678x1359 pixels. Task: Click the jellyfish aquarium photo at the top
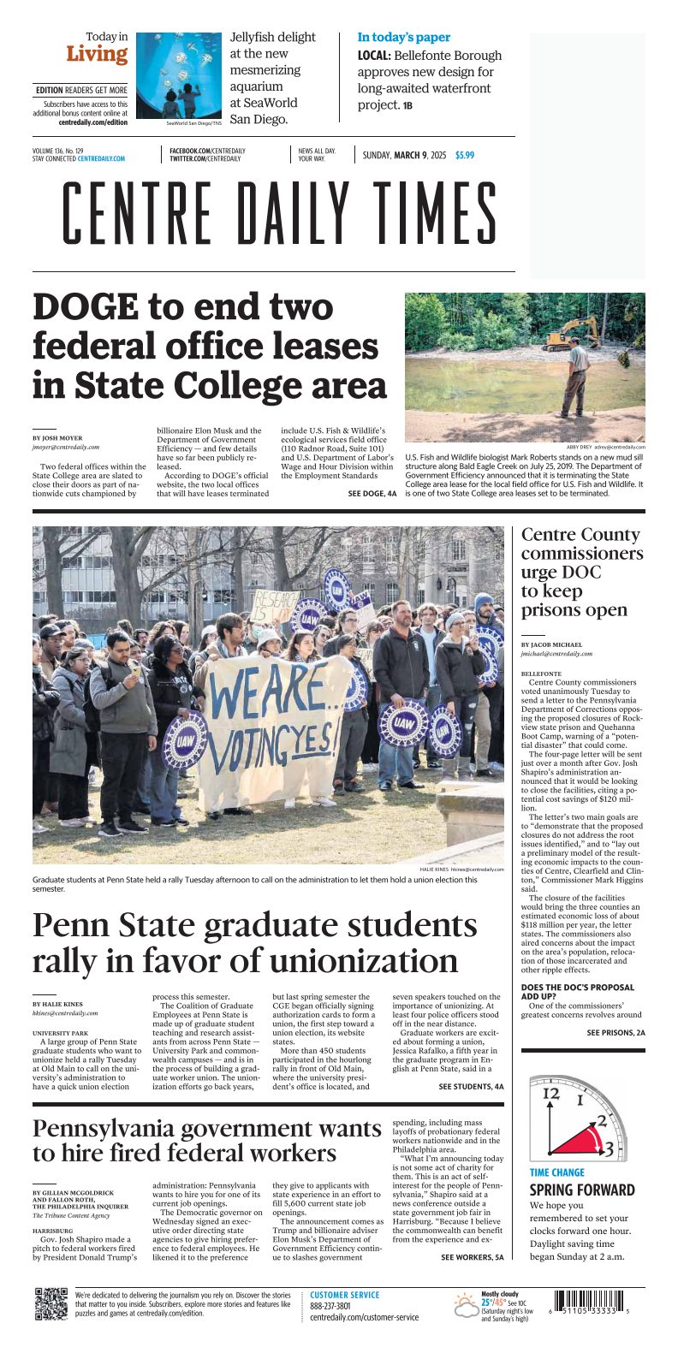[179, 75]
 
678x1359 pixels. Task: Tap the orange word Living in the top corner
[97, 55]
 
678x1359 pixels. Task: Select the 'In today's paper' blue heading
[403, 38]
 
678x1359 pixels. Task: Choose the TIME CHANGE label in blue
[557, 1172]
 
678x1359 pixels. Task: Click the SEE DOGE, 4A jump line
[372, 494]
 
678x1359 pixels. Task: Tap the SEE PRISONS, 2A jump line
[616, 1033]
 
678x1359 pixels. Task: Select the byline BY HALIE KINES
[58, 1004]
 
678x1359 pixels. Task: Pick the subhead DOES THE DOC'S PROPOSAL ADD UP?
[577, 993]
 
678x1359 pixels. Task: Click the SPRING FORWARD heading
[582, 1190]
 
